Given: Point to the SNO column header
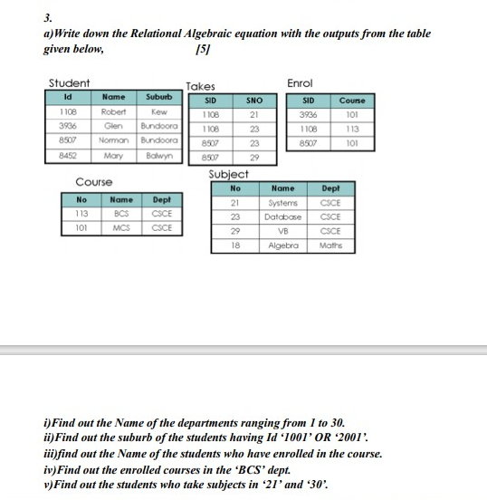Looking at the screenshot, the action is (x=254, y=101).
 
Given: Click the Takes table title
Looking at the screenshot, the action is (x=199, y=87).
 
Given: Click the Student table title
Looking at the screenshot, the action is (x=69, y=83).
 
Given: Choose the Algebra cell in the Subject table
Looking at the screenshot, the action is (x=282, y=245).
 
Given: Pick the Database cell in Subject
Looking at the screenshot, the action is (x=282, y=217).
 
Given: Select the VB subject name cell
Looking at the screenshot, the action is (x=282, y=231).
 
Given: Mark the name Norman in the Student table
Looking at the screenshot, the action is (x=113, y=141).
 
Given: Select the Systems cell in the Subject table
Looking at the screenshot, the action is (x=282, y=204).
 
